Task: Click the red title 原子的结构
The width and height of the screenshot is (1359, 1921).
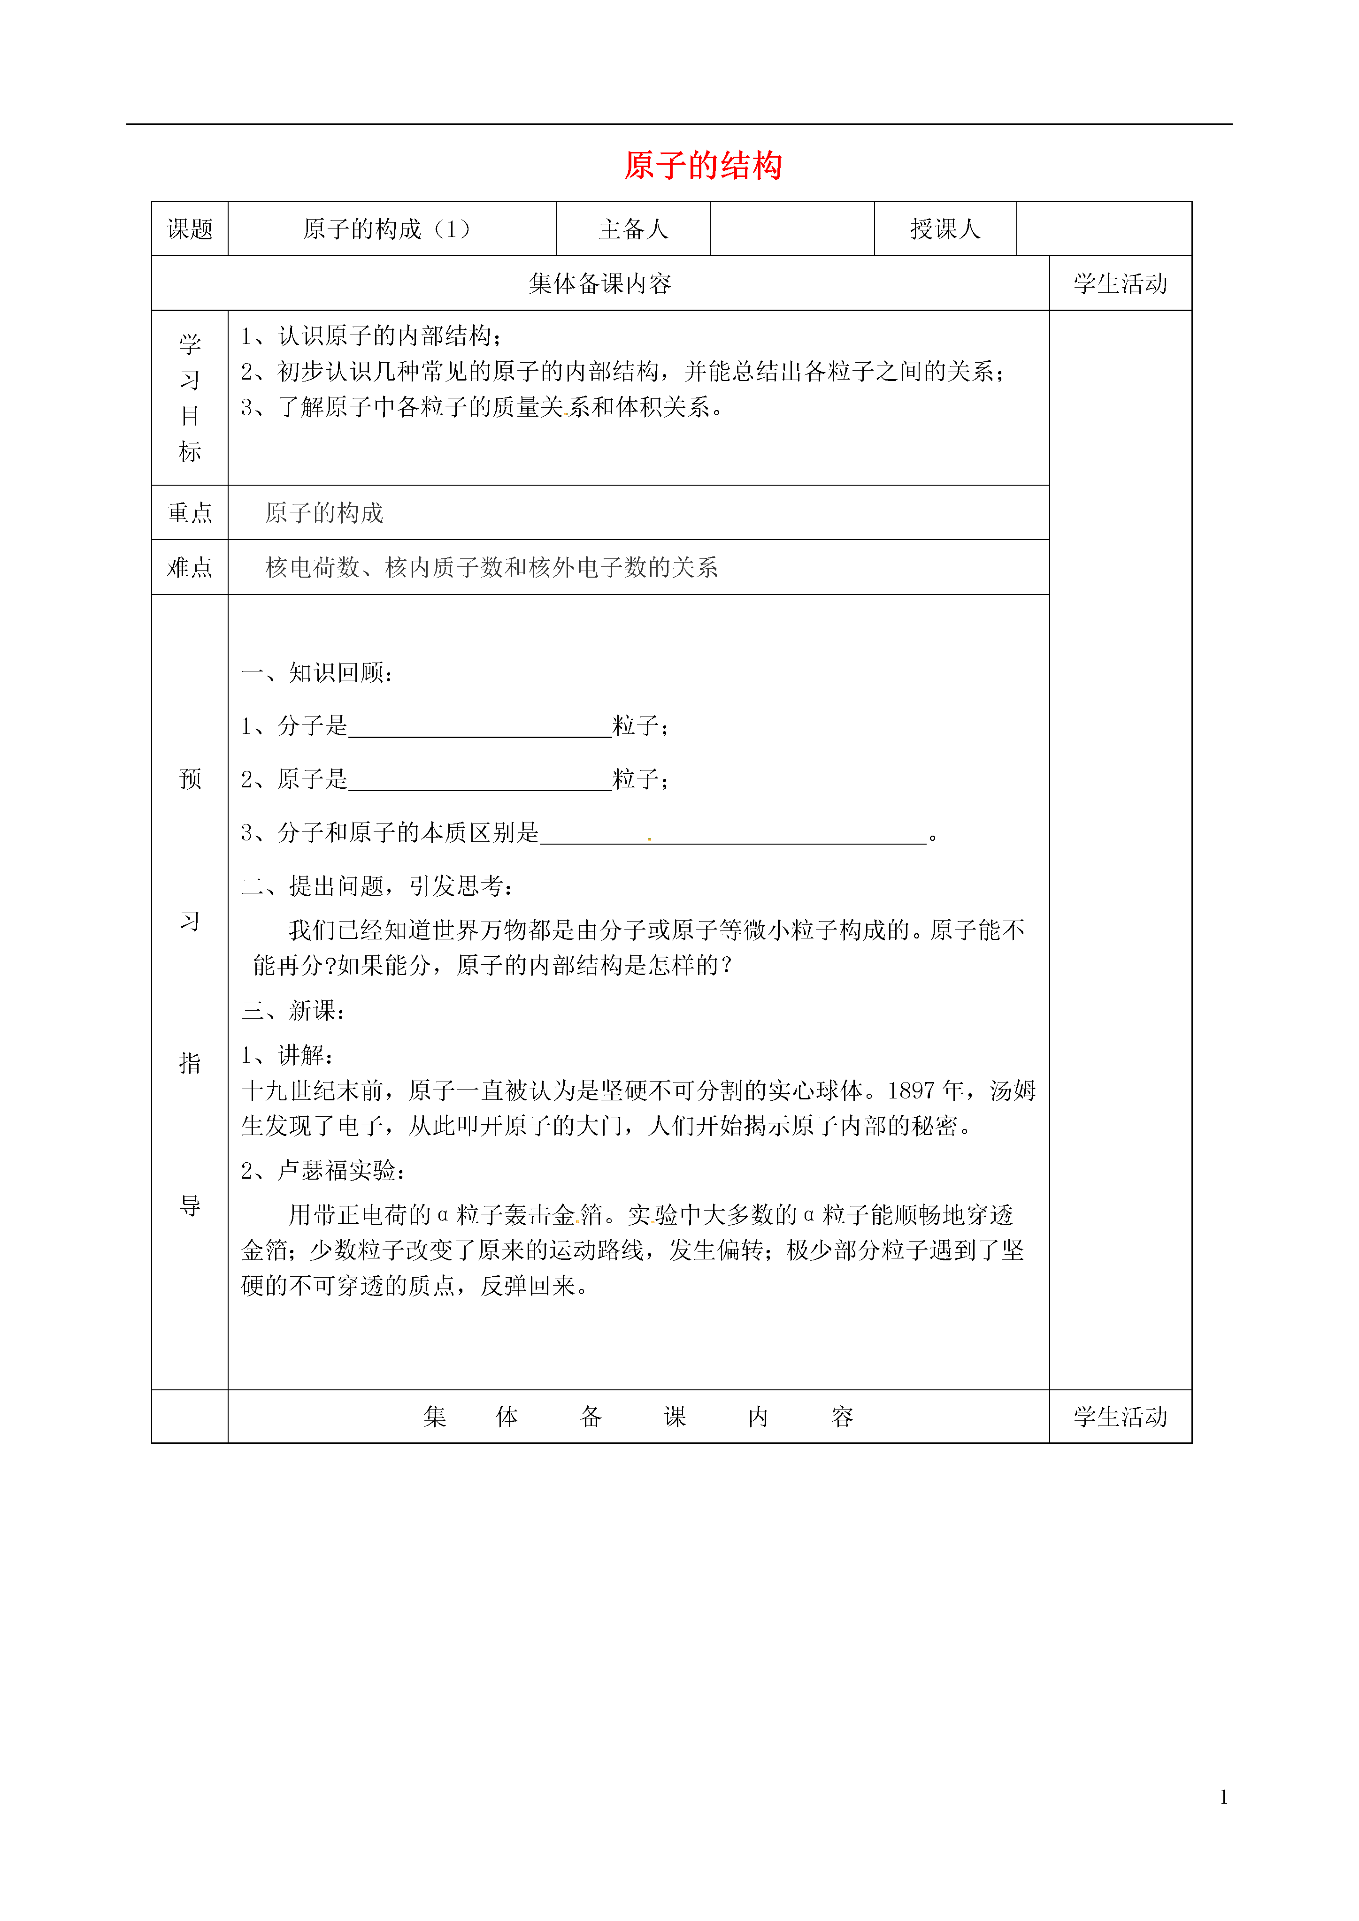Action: [703, 166]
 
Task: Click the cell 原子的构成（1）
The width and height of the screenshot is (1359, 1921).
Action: [387, 229]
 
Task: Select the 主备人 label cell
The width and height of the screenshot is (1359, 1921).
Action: [633, 229]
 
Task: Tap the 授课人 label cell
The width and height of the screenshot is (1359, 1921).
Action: [945, 229]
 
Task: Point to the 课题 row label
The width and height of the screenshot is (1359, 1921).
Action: [190, 229]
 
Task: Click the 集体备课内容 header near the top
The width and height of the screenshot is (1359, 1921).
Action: [600, 283]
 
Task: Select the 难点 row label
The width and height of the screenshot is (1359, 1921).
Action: [190, 567]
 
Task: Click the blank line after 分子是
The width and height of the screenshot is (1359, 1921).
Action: [479, 728]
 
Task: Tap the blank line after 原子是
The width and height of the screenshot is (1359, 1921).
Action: [479, 781]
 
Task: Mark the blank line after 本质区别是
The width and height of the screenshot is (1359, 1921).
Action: [733, 835]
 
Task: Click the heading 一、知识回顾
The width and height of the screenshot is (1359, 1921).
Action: [317, 673]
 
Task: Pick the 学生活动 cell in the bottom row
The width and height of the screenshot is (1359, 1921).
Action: [1121, 1417]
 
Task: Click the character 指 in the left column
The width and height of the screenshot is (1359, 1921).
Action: [190, 1063]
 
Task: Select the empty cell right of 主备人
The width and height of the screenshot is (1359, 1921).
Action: [791, 229]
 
